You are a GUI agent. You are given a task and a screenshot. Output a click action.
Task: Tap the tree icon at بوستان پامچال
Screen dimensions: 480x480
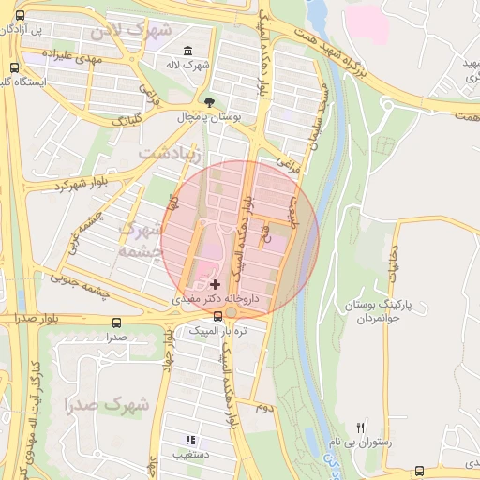[x=208, y=104]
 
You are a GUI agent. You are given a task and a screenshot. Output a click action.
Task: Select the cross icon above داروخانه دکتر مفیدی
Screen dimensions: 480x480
[x=215, y=283]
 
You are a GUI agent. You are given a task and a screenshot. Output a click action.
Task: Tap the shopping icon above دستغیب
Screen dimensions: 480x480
[x=190, y=439]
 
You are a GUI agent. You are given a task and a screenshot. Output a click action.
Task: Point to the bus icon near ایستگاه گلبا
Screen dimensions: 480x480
[x=14, y=67]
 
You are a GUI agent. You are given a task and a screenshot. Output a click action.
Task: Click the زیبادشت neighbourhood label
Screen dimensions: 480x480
[x=170, y=152]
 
